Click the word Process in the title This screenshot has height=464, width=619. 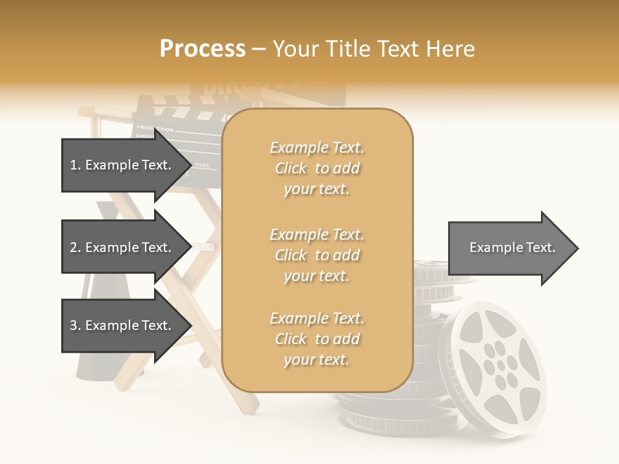(202, 49)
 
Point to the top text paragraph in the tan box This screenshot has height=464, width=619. (317, 168)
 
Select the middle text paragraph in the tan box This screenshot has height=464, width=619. (317, 255)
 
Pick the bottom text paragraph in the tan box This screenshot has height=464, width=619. (317, 339)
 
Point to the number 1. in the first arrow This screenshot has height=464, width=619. (75, 166)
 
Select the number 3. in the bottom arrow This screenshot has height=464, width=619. (75, 326)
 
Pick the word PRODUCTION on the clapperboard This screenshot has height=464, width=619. (155, 129)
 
